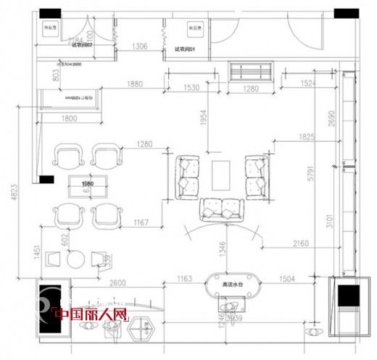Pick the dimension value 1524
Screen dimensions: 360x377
pos(307,84)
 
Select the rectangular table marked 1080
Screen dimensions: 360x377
pos(88,185)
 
